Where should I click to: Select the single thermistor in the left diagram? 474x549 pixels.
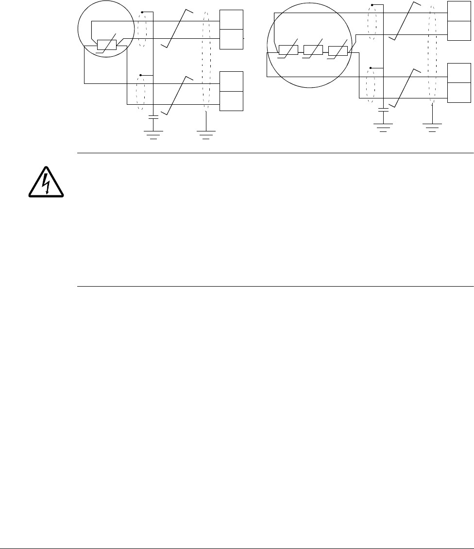tap(106, 45)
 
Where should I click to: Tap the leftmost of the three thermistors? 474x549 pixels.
tap(288, 50)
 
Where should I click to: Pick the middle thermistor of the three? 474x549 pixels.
tap(313, 50)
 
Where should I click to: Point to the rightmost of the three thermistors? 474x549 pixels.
tap(338, 50)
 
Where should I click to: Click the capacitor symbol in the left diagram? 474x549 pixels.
tap(153, 117)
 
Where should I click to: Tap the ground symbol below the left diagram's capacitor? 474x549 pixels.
tap(153, 134)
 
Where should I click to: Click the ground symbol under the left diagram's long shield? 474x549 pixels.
tap(206, 134)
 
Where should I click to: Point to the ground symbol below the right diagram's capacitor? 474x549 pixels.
tap(384, 127)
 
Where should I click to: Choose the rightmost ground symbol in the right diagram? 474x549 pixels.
tap(431, 127)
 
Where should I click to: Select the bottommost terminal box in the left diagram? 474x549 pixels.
tap(232, 101)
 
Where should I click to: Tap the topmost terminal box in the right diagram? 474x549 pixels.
tap(459, 11)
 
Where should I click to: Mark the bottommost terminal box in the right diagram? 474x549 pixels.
tap(459, 93)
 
